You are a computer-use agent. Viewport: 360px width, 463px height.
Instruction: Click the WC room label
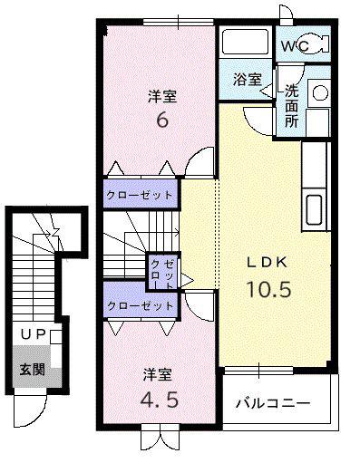point(296,46)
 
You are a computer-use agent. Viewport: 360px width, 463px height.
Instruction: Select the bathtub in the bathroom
point(246,42)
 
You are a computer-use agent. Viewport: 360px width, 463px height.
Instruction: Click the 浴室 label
point(248,79)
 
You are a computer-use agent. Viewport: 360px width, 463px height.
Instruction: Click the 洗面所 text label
point(292,106)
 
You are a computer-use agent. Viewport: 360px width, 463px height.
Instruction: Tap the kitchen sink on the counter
point(314,209)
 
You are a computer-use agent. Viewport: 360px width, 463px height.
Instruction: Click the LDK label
point(267,263)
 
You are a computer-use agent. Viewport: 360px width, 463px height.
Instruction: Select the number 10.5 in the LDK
point(269,289)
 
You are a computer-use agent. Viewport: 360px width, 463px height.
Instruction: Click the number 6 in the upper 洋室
point(162,121)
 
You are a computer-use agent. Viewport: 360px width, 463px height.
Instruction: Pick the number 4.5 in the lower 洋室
point(160,400)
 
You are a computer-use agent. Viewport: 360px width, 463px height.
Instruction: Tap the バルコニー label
point(273,403)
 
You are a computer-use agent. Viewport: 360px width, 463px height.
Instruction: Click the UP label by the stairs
point(34,334)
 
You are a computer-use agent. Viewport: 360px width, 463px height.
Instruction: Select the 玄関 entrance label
point(33,369)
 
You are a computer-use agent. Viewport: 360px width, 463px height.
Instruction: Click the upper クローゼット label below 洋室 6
point(140,195)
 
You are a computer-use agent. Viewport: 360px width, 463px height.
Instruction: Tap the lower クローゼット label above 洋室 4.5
point(141,306)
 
